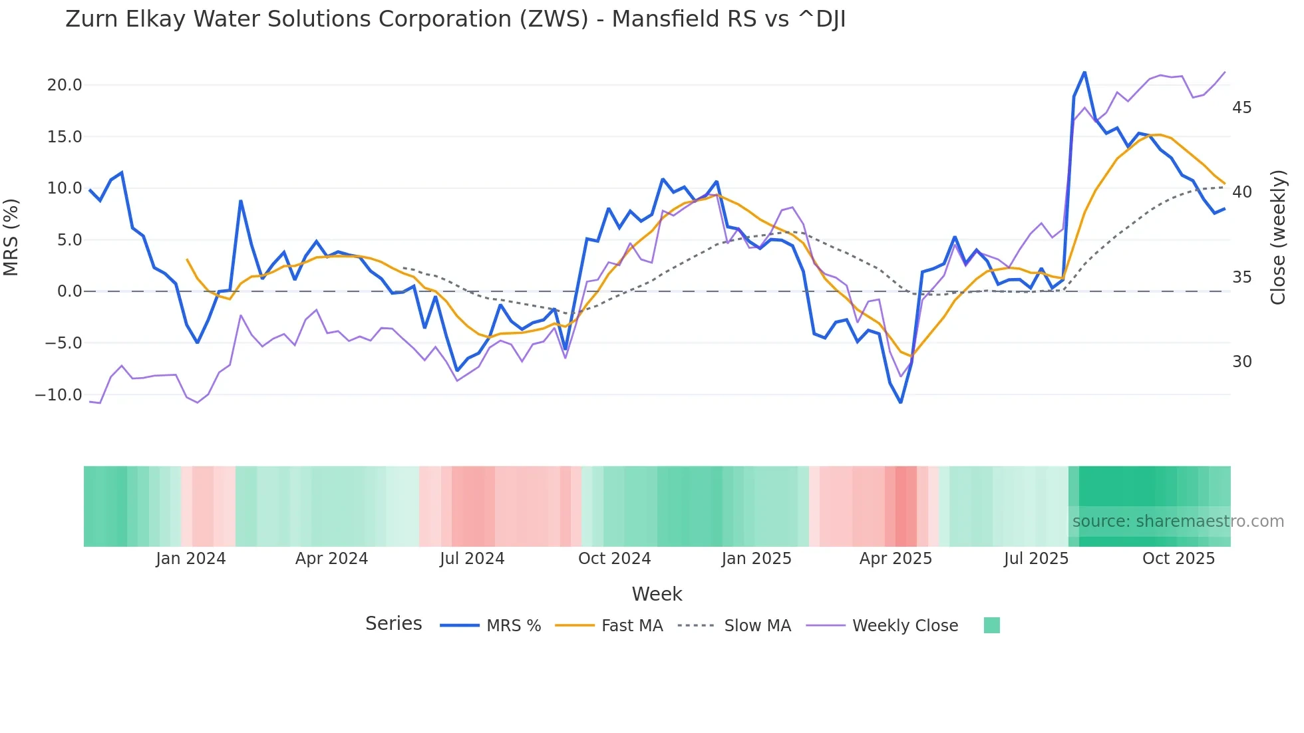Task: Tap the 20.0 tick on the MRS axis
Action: pyautogui.click(x=65, y=85)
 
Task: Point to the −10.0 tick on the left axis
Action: pyautogui.click(x=59, y=395)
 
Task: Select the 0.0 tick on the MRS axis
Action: pyautogui.click(x=69, y=291)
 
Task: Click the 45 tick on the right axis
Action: pyautogui.click(x=1241, y=108)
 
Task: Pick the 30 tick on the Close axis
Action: pyautogui.click(x=1241, y=362)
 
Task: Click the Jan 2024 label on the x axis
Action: pyautogui.click(x=191, y=559)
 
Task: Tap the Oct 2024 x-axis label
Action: pyautogui.click(x=614, y=559)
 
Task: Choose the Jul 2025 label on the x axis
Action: pyautogui.click(x=1036, y=559)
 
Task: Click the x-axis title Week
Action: pyautogui.click(x=657, y=594)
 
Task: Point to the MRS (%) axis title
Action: pyautogui.click(x=11, y=237)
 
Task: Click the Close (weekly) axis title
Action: pyautogui.click(x=1278, y=237)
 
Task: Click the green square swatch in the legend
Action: pyautogui.click(x=991, y=625)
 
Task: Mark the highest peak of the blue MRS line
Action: pyautogui.click(x=1084, y=72)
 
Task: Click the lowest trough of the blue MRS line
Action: pyautogui.click(x=901, y=402)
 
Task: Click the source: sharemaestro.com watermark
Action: pyautogui.click(x=1178, y=521)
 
